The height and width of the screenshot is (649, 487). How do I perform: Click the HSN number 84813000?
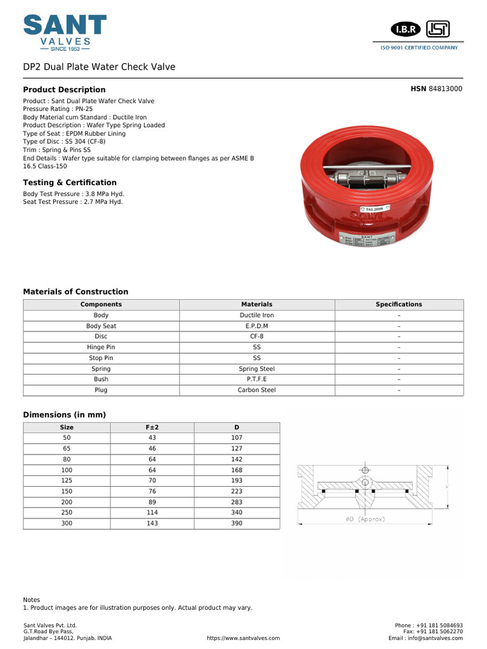point(446,89)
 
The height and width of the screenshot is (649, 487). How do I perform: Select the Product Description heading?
point(64,90)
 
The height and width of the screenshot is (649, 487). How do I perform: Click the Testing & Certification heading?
point(70,183)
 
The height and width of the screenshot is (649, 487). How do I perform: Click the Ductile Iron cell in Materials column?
point(257,315)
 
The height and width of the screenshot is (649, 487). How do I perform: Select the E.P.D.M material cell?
point(257,326)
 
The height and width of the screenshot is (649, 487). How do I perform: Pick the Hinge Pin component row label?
point(101,347)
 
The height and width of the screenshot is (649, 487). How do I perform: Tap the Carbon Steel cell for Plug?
point(257,390)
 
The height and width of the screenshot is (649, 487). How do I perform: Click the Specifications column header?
point(398,304)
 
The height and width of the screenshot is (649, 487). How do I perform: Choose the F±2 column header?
point(152,427)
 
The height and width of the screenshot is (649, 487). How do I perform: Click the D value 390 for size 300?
point(237,524)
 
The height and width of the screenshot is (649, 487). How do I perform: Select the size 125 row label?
point(67,480)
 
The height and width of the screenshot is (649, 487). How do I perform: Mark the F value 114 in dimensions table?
point(152,513)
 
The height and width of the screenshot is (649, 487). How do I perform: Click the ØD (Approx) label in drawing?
point(365,519)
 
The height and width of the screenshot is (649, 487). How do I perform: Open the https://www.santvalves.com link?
point(243,638)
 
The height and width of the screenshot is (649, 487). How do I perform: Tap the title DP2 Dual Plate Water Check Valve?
point(99,67)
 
